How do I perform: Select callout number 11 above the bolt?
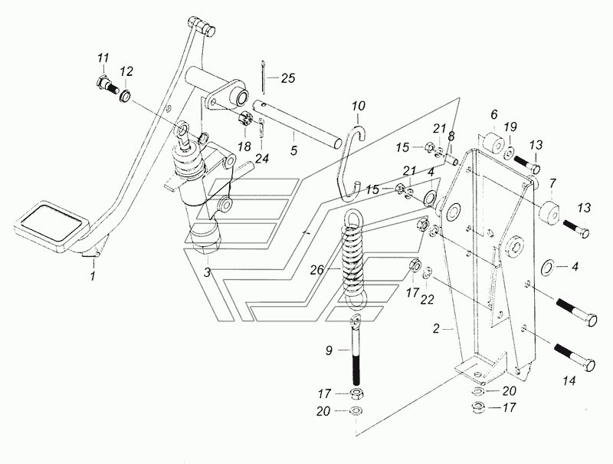(x=103, y=59)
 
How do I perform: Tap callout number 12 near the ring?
(x=126, y=71)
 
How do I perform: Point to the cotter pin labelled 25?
(x=264, y=77)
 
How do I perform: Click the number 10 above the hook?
(x=359, y=106)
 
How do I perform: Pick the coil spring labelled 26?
(x=353, y=259)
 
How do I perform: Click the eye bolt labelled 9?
(x=356, y=350)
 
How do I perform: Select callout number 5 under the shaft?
(x=294, y=150)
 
